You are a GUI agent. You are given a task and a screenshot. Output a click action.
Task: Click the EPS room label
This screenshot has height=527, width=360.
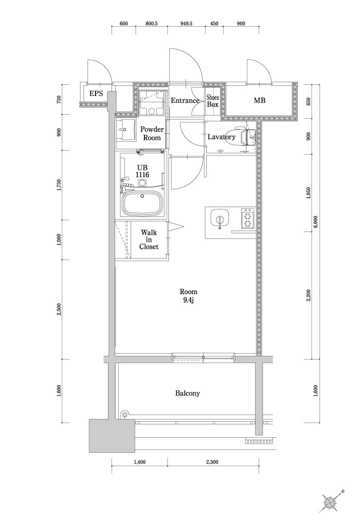(96, 93)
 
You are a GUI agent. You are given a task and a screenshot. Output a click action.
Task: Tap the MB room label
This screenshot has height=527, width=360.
(260, 101)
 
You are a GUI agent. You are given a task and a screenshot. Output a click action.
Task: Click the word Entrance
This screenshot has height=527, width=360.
(185, 101)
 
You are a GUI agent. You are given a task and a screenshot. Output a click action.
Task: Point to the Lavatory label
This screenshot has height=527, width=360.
(221, 137)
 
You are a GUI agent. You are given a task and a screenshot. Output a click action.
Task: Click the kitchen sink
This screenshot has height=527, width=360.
(219, 219)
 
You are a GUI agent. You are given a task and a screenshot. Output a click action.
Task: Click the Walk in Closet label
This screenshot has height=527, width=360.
(148, 240)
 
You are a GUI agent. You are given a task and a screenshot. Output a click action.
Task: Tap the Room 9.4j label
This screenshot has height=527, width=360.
(188, 296)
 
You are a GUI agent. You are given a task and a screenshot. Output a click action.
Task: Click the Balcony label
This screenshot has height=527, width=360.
(188, 393)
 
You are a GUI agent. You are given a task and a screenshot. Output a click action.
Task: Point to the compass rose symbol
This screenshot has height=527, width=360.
(330, 502)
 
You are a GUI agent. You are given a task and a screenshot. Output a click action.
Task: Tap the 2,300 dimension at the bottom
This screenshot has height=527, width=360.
(212, 463)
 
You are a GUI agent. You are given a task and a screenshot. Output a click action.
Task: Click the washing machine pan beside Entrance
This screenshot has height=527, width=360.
(151, 102)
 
